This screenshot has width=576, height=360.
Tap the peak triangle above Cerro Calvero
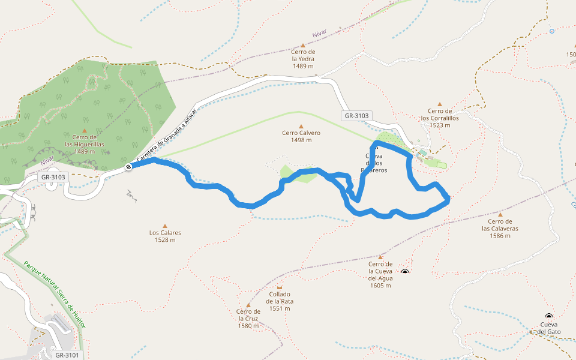tap(301, 126)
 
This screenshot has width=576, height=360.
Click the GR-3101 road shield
tap(67, 355)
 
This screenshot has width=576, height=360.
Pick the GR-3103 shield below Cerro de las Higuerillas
tap(53, 177)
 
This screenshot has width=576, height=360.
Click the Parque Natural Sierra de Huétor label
tap(55, 294)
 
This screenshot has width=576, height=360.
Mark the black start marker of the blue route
tap(128, 167)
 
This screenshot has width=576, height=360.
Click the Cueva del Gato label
tap(548, 328)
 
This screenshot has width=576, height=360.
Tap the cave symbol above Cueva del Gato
tap(548, 317)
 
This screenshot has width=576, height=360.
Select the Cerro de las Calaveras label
tap(500, 224)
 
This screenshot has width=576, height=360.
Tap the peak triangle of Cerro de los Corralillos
tap(440, 104)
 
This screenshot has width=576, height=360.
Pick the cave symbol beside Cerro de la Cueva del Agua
tap(405, 272)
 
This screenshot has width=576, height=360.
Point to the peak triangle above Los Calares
tap(165, 226)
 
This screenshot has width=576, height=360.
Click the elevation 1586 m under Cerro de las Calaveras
tap(500, 236)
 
